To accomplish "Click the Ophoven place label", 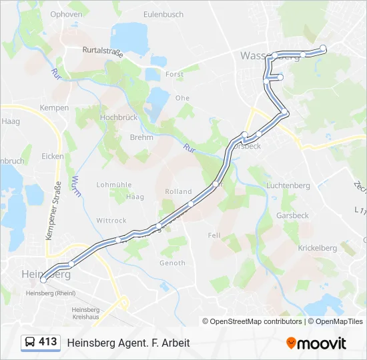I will (66, 13).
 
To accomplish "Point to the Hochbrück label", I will (118, 117).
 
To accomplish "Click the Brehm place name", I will (141, 137).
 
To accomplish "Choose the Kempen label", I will (54, 107).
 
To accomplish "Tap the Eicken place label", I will (53, 156).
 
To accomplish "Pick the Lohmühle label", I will (111, 185).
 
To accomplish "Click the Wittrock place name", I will (111, 221).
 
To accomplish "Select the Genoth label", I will (172, 263).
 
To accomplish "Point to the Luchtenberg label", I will (288, 185).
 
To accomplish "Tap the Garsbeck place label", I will (292, 216).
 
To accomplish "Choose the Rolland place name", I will (178, 191).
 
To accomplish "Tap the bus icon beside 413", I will (30, 343).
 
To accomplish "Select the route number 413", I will (48, 342).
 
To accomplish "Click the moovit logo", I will (316, 343).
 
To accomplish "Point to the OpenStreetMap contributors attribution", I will (252, 321).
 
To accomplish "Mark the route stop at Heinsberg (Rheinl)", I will (43, 281).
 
